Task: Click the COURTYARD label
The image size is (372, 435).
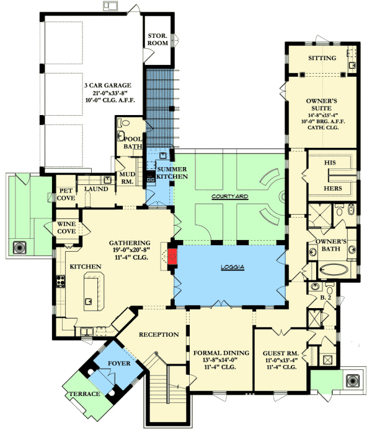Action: point(229,196)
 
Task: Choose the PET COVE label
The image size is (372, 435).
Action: point(66,194)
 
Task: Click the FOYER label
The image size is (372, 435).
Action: point(119,363)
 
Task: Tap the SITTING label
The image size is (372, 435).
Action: point(322,58)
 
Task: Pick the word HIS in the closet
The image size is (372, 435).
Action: point(330,162)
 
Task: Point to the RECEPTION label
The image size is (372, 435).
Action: point(158,335)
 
